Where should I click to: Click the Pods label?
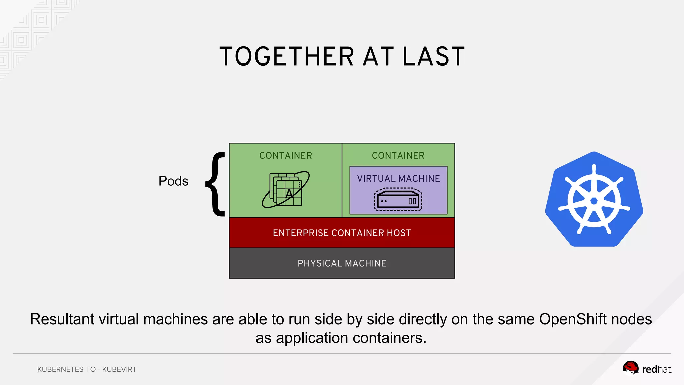click(173, 181)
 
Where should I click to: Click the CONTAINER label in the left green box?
click(286, 156)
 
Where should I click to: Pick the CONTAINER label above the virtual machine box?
click(398, 156)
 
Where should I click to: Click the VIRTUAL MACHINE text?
click(398, 179)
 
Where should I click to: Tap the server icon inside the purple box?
click(398, 199)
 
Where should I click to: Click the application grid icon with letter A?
click(286, 189)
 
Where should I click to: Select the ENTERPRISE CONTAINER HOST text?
click(342, 233)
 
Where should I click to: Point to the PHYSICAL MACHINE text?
click(342, 263)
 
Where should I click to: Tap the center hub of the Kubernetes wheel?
click(594, 201)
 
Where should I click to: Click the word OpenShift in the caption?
click(572, 319)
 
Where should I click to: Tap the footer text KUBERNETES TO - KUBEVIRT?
click(87, 369)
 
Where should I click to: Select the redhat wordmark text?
click(656, 369)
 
